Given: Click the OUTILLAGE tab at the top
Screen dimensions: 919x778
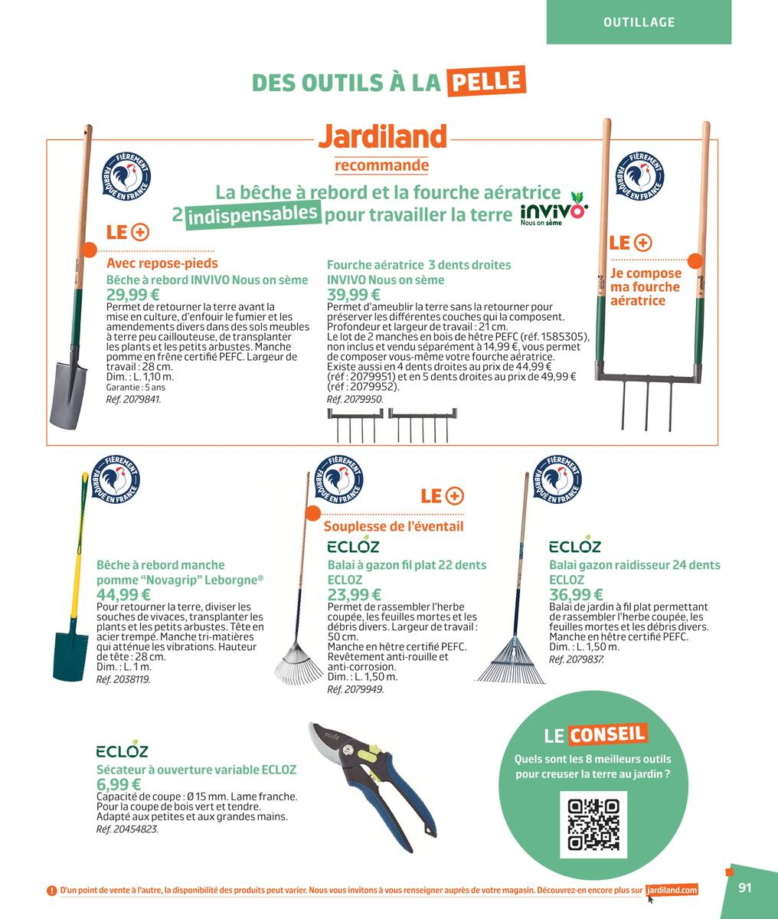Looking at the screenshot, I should (x=639, y=22).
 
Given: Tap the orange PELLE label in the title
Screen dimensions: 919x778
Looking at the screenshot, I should (x=486, y=81).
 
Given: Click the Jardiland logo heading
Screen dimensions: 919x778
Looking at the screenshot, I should (x=381, y=137).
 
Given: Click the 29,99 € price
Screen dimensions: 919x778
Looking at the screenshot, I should (x=132, y=296).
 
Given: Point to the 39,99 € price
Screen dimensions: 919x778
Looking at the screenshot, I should (x=353, y=296).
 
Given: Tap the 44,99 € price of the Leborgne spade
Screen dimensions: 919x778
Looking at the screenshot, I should (x=123, y=594).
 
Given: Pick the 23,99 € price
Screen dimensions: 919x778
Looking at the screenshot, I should (x=353, y=594).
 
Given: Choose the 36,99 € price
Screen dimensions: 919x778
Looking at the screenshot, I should (x=576, y=594).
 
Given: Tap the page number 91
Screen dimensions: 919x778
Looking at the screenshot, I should (x=745, y=888).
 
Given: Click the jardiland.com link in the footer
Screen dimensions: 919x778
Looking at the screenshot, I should (x=672, y=891).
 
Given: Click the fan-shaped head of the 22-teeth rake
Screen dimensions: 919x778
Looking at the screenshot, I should (x=298, y=658).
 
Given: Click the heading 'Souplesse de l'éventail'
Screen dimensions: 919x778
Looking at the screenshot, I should (x=393, y=527).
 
